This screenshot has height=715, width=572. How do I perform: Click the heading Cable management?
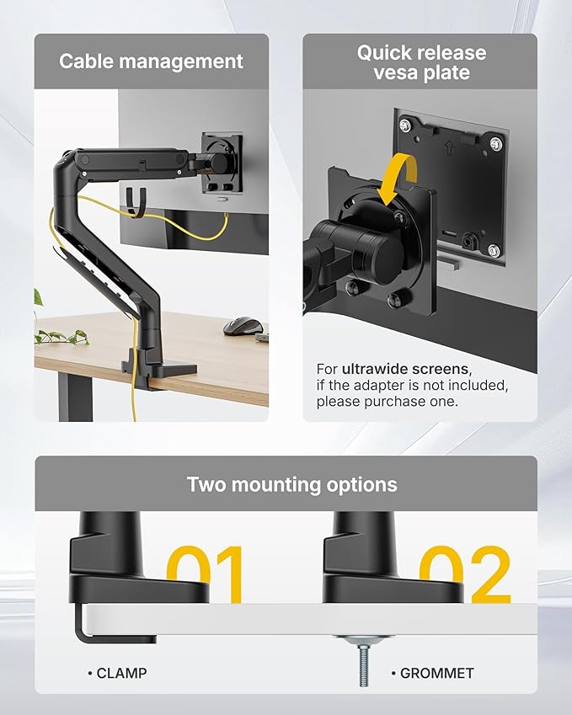pyautogui.click(x=151, y=61)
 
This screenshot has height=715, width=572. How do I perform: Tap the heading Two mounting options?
pyautogui.click(x=291, y=484)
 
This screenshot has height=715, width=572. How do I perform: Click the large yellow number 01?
pyautogui.click(x=206, y=574)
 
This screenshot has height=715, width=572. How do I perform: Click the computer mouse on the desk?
pyautogui.click(x=242, y=325)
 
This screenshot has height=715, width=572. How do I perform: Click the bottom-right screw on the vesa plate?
pyautogui.click(x=494, y=250)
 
